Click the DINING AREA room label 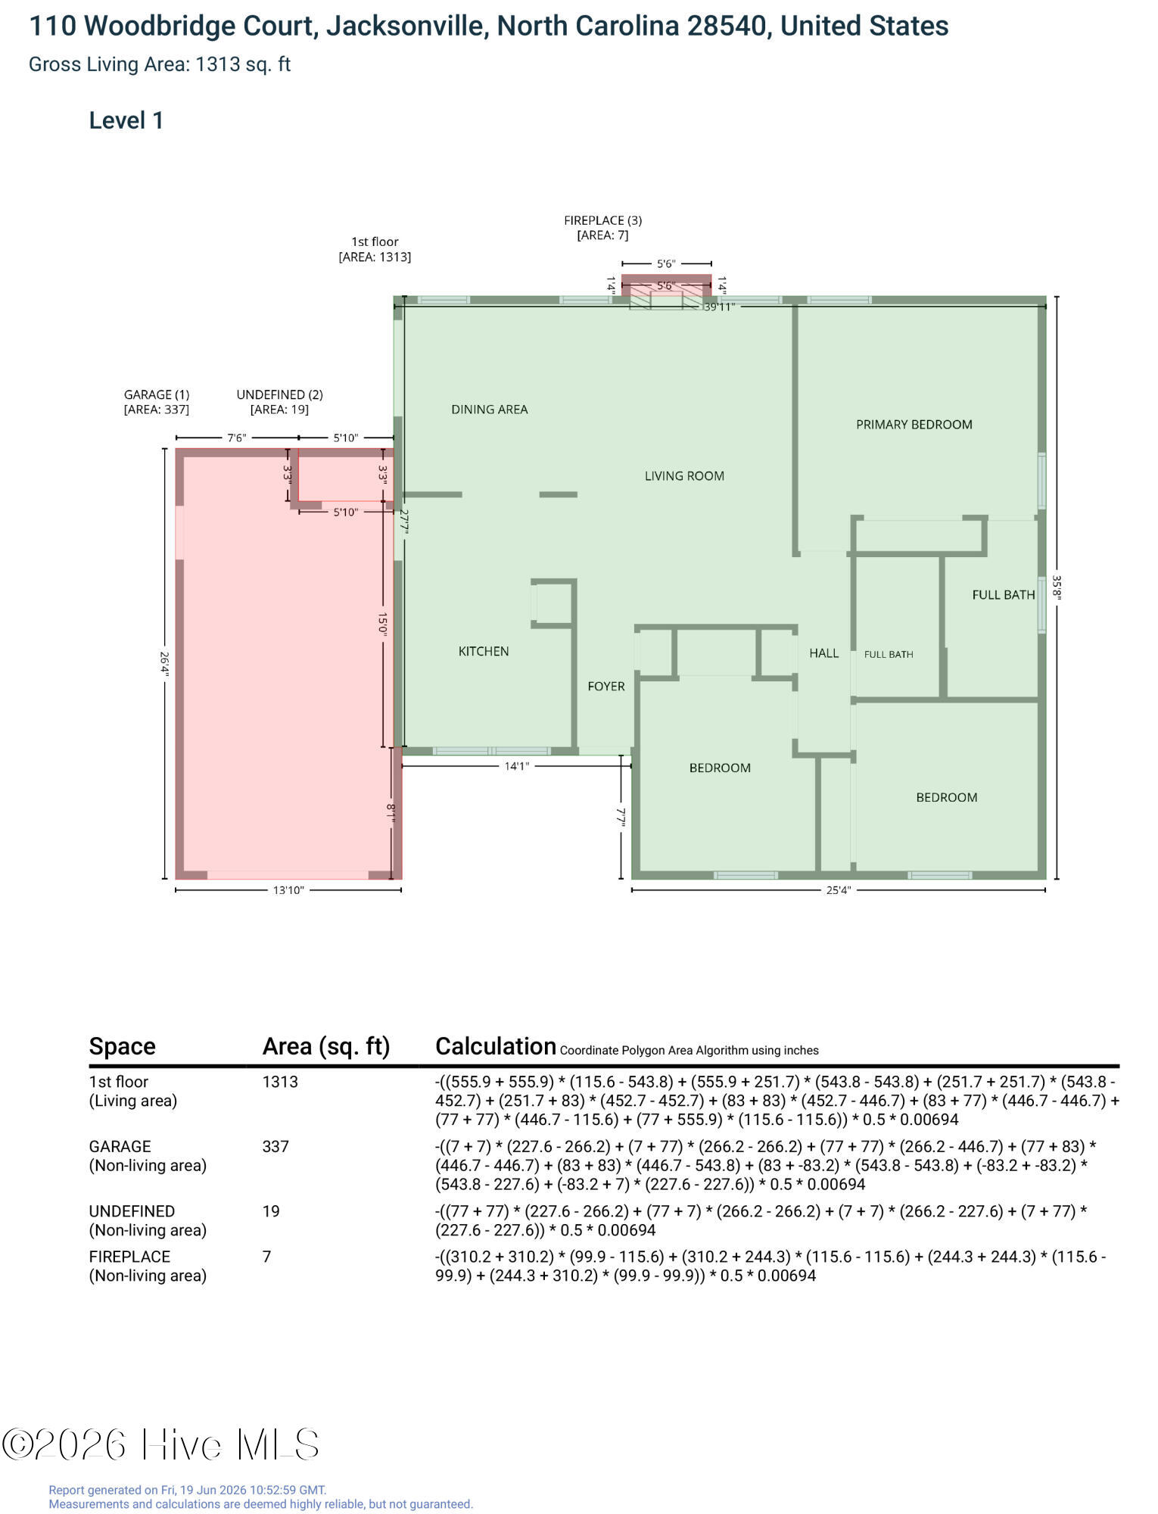click(x=489, y=410)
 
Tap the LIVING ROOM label click(x=684, y=476)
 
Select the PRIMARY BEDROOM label click(x=914, y=425)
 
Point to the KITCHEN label click(x=484, y=651)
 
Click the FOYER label click(x=606, y=686)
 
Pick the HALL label click(x=823, y=653)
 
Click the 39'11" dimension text click(x=719, y=307)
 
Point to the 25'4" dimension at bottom click(x=838, y=890)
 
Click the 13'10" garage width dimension click(x=288, y=890)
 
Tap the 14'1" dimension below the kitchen click(x=517, y=766)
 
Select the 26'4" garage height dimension click(x=164, y=664)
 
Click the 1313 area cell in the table click(x=280, y=1082)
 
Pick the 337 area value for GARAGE click(x=275, y=1146)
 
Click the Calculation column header click(x=496, y=1046)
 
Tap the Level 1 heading click(x=126, y=120)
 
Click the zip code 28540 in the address click(x=726, y=26)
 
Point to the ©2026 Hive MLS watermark click(x=160, y=1444)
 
